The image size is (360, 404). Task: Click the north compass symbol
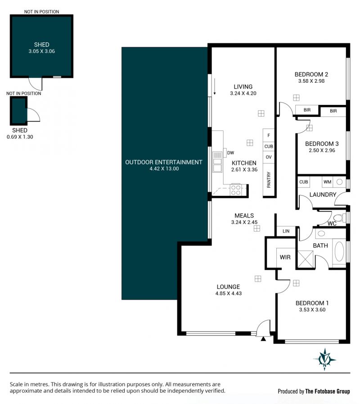point(325,359)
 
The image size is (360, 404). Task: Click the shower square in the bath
point(306,259)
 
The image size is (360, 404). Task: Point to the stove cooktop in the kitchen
point(235,190)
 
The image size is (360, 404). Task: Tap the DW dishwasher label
point(231,153)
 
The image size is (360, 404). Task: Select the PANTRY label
point(269,180)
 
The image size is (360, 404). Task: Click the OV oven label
point(269,157)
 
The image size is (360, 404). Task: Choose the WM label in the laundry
point(327,182)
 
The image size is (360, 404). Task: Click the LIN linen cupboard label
point(286,231)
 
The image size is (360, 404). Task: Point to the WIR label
point(285,257)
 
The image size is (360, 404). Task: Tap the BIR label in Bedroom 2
point(307,110)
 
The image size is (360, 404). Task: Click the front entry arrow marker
point(263,339)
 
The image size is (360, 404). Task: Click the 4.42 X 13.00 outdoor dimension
point(164,169)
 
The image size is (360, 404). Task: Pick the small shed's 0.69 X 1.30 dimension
point(20,137)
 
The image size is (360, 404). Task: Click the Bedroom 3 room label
point(322,144)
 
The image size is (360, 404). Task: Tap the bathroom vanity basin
point(321,233)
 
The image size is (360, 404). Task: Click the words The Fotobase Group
point(328,391)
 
